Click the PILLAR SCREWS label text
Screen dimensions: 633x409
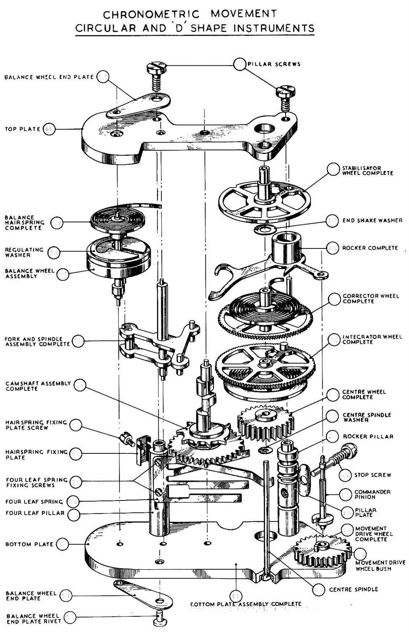[274, 64]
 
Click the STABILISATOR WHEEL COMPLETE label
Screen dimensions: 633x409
[367, 171]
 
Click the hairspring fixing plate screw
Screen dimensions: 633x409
[126, 438]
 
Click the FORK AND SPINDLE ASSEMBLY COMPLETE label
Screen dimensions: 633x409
[38, 342]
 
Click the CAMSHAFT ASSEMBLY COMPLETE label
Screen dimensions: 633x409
[38, 386]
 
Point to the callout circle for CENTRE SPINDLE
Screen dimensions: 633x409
[318, 589]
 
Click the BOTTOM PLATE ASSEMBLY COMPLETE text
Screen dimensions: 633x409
[246, 604]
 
